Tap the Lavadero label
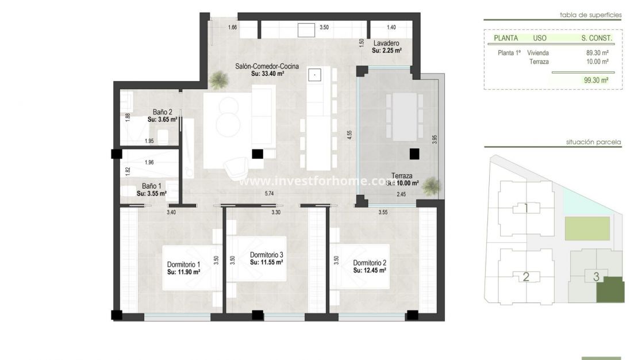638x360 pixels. (x=386, y=44)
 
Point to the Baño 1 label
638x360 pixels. (x=152, y=186)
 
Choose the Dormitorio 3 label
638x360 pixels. (x=266, y=255)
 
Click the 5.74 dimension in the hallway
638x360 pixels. (x=269, y=194)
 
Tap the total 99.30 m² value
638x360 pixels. (x=595, y=81)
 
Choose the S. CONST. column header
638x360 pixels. (x=597, y=39)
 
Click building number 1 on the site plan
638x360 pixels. (x=526, y=208)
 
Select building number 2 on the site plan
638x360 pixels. (x=525, y=277)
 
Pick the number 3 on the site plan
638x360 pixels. (x=596, y=277)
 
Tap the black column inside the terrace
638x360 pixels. (x=413, y=154)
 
